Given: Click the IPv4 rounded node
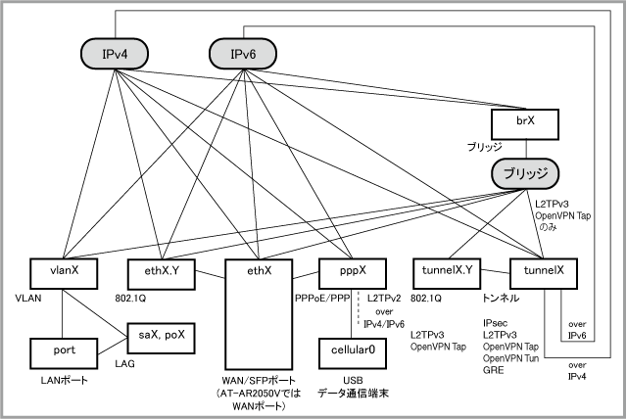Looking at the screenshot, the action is click(115, 54).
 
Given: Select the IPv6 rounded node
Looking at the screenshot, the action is click(243, 54).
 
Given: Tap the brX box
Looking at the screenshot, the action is click(525, 124).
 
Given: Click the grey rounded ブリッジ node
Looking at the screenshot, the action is click(525, 173).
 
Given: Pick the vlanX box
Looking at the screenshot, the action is click(64, 273).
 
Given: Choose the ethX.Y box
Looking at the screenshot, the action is click(162, 273).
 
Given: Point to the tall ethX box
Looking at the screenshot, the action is click(259, 314).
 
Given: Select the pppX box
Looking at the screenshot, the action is click(353, 273).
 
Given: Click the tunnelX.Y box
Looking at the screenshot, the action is click(447, 273).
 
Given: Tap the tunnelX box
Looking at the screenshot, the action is click(544, 273).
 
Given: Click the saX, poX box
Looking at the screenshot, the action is click(162, 339).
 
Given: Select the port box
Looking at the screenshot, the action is click(64, 353).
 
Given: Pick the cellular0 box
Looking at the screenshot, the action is click(353, 353).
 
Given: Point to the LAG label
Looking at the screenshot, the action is click(124, 364).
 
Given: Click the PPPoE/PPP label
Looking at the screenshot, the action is click(322, 299).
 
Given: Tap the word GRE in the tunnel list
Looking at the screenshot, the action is click(493, 370).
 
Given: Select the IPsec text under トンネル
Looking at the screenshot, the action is click(495, 323).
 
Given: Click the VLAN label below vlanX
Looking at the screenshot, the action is click(28, 299).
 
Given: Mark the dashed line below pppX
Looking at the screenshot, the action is click(359, 308).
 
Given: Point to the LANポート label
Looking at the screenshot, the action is click(64, 380).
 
